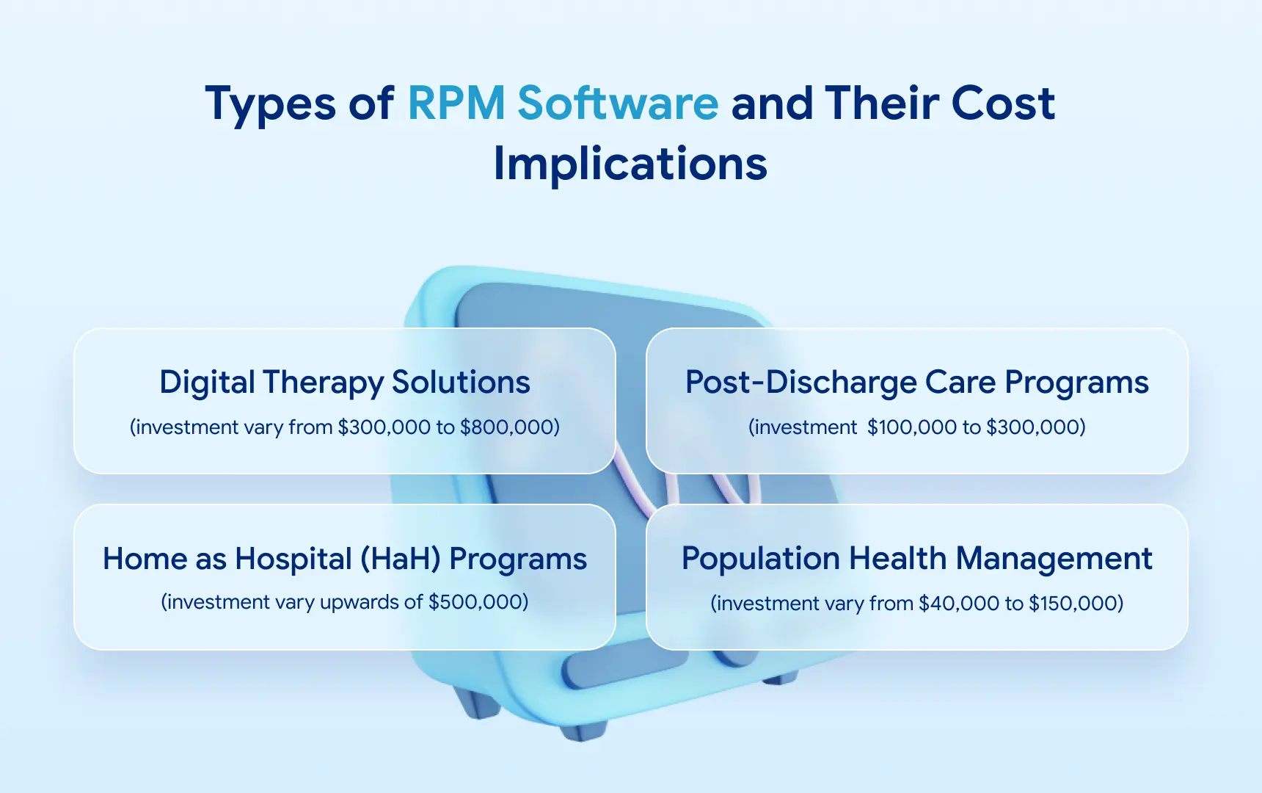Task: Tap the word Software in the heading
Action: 618,103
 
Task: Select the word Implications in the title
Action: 630,163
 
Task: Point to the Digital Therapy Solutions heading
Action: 345,382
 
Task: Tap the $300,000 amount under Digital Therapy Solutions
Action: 385,427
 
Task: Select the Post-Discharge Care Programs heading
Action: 916,382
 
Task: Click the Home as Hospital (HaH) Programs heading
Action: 345,559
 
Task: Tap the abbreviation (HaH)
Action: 401,559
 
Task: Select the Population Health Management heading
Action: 916,559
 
